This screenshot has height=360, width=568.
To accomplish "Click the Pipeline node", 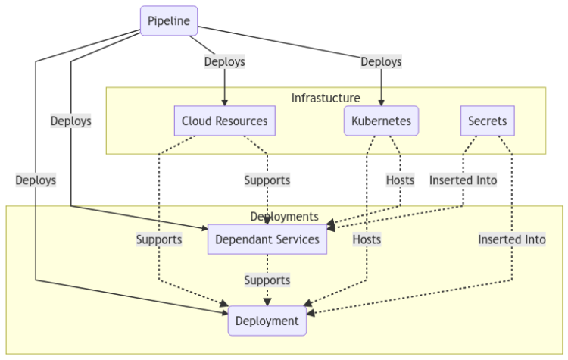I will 169,20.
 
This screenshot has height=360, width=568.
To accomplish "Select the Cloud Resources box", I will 224,121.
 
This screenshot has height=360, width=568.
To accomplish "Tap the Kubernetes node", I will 381,121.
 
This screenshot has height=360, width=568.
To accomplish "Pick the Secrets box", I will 487,121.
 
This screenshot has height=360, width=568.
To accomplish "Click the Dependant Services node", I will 267,239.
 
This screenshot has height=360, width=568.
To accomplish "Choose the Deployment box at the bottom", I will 267,321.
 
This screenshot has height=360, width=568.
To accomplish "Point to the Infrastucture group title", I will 326,98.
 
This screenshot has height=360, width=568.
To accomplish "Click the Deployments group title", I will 284,217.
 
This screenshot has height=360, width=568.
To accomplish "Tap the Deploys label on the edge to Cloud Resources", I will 224,62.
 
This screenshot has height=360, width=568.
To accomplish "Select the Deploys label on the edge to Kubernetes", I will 381,62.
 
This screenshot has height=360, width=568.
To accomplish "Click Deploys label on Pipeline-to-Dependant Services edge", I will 70,121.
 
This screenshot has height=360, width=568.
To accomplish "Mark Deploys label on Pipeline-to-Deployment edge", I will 36,180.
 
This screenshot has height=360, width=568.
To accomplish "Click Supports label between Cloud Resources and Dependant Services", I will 267,180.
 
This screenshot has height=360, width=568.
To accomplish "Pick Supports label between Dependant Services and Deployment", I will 267,280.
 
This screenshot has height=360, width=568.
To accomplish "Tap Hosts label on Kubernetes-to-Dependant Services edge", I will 400,180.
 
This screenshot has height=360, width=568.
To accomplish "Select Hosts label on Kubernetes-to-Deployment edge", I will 367,239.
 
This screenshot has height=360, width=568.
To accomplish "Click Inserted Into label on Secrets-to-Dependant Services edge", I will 463,180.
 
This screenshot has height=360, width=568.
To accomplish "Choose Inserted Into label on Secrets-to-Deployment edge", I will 511,239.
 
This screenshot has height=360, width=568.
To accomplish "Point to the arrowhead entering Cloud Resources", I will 224,102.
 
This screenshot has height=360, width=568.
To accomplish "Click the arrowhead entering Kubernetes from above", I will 381,102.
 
